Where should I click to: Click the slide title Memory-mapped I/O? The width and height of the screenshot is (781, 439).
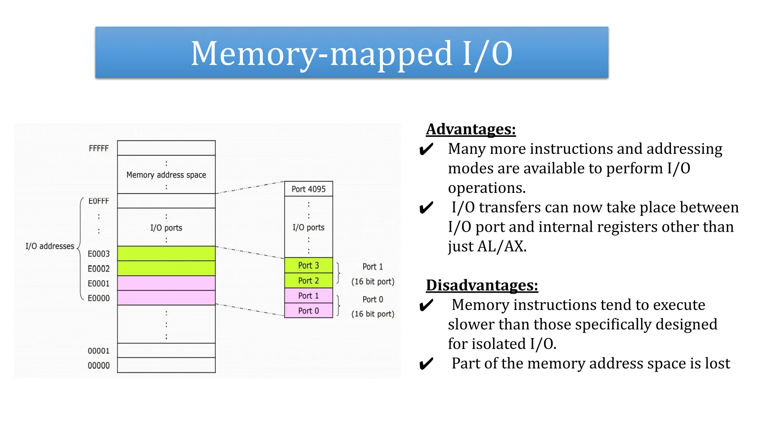tap(351, 53)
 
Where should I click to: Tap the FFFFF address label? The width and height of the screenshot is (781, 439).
tap(99, 148)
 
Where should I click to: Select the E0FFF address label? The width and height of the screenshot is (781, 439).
tap(99, 201)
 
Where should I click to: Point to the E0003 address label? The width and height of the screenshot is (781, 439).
tap(99, 254)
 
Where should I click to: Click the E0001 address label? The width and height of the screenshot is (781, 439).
tap(99, 284)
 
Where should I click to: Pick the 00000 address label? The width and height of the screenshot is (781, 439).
tap(99, 365)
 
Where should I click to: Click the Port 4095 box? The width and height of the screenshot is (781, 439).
tap(309, 189)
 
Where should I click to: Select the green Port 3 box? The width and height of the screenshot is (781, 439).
tap(309, 265)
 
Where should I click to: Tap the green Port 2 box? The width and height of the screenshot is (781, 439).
tap(309, 280)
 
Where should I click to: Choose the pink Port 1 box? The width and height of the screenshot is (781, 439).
tap(309, 296)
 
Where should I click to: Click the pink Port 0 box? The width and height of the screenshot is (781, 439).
tap(309, 311)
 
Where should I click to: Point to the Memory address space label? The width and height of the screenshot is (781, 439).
tap(166, 175)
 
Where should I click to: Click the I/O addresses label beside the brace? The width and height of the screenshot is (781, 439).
tap(50, 246)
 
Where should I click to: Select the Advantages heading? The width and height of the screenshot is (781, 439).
tap(471, 129)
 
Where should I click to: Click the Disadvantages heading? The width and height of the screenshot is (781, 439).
tap(482, 285)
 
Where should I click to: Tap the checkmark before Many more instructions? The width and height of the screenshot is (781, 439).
tap(426, 149)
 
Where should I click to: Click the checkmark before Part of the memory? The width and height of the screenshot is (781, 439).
tap(426, 364)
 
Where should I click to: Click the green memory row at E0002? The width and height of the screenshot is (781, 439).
tap(166, 268)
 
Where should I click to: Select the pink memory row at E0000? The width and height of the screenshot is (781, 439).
tap(166, 298)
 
